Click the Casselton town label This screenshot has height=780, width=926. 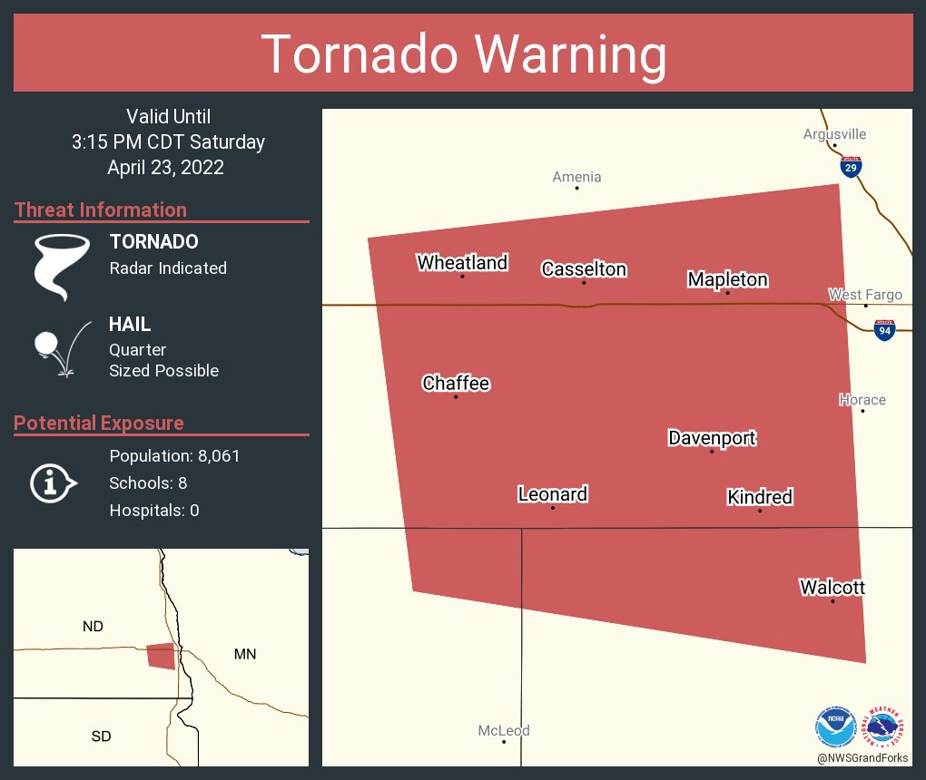pos(584,269)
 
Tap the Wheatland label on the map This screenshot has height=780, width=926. pos(462,263)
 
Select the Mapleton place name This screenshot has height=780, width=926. pos(727,279)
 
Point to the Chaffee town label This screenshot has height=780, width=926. pos(456,384)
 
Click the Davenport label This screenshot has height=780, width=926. pos(712,438)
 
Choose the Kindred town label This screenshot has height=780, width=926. pos(760,497)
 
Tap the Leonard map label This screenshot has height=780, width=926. pos(552,494)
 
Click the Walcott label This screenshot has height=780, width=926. pos(832,588)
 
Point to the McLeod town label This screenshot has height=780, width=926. pos(504,730)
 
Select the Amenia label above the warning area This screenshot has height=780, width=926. pos(576,177)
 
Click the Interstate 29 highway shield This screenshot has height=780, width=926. pos(850,167)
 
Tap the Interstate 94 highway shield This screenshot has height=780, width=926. pos(884,331)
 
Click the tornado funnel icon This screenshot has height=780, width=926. pos(62,266)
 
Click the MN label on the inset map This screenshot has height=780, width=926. pos(244,654)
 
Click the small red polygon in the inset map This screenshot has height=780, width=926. pos(161,656)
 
